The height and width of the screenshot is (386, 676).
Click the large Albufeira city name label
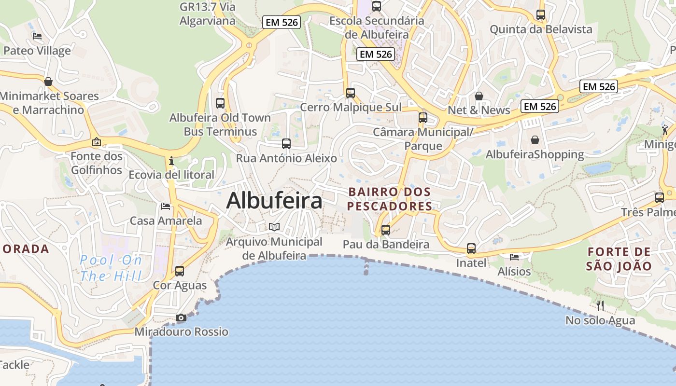tap(274, 200)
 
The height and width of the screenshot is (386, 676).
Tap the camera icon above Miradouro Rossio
tap(181, 317)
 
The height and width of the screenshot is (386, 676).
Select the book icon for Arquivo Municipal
tap(274, 227)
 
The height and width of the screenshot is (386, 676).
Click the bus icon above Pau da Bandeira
tap(385, 230)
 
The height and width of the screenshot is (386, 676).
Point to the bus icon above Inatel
tap(471, 248)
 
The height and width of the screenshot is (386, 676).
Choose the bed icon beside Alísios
tap(514, 257)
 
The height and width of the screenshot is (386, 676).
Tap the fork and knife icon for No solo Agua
tap(600, 305)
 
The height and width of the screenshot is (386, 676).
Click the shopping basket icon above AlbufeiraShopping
tap(535, 140)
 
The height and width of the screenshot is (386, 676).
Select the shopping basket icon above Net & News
tap(479, 96)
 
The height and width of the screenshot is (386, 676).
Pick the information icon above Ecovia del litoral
tap(171, 160)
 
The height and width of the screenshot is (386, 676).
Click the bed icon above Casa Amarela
tap(166, 207)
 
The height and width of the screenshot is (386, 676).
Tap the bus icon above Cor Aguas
tap(180, 271)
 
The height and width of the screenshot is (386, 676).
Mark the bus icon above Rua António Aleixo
tap(286, 143)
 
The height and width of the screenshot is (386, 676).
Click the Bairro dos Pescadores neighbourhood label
tap(390, 199)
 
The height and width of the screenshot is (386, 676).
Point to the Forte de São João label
tap(619, 259)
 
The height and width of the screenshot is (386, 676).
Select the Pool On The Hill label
tap(112, 268)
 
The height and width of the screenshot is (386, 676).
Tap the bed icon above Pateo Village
tap(37, 36)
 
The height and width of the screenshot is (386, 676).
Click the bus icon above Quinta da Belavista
tap(541, 15)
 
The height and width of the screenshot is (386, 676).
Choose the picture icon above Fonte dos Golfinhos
tap(97, 142)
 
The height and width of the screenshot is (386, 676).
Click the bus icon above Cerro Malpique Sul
tap(351, 93)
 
